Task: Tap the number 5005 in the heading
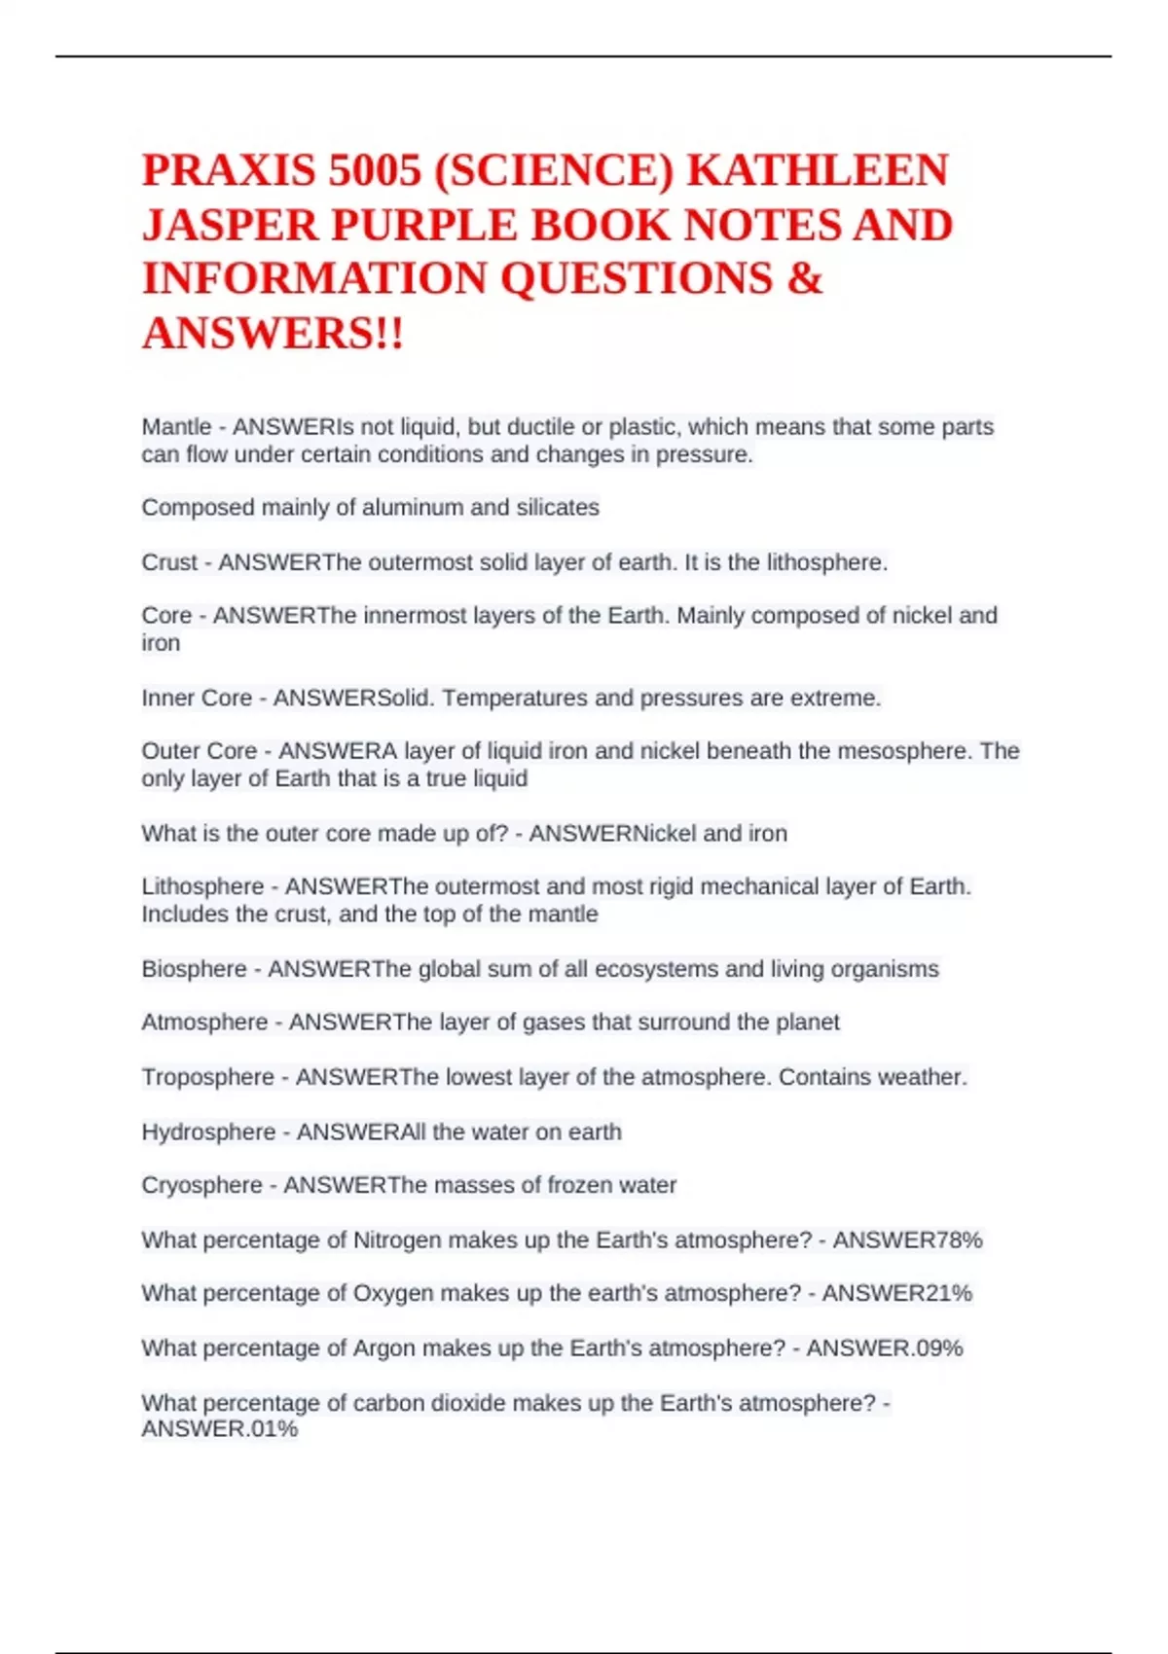[375, 170]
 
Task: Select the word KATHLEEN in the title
[818, 170]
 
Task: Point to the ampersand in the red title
[804, 278]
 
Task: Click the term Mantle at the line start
[176, 427]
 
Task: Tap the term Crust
[169, 562]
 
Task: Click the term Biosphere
[194, 969]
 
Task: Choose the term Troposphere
[207, 1077]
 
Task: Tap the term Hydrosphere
[208, 1132]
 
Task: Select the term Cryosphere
[201, 1185]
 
